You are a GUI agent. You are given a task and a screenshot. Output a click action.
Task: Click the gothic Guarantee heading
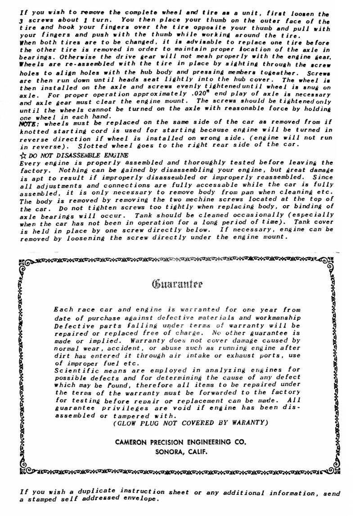pyautogui.click(x=180, y=284)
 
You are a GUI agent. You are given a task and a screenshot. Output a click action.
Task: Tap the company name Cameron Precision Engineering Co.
pyautogui.click(x=180, y=443)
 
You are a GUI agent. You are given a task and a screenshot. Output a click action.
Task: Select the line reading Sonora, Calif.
pyautogui.click(x=180, y=453)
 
